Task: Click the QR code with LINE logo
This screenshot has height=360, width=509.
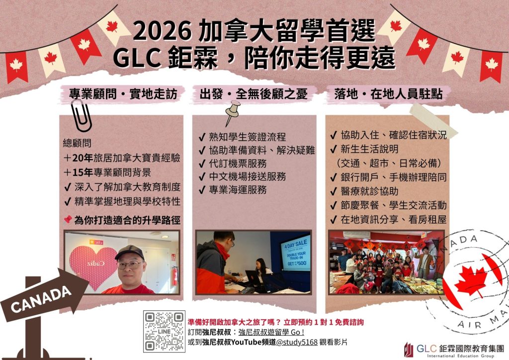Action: (164, 332)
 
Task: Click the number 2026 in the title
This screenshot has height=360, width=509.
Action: (162, 32)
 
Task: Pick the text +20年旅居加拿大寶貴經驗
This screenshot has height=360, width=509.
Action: (122, 159)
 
